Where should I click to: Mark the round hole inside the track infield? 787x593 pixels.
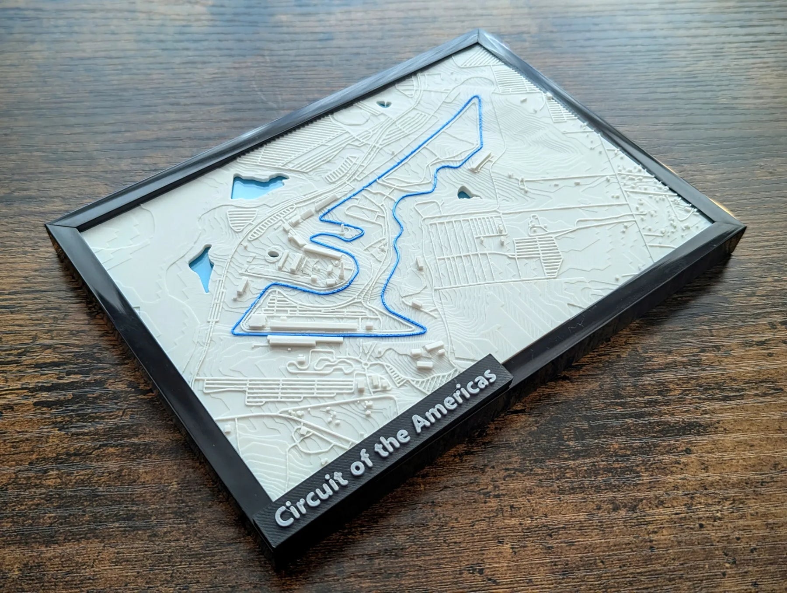(274, 253)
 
